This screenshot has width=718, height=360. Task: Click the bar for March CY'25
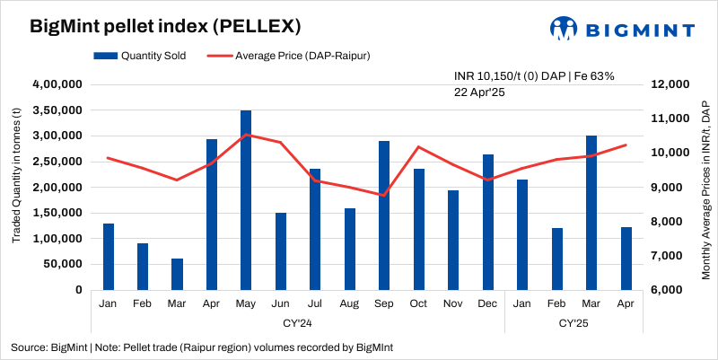591,213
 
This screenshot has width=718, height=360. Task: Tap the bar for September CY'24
384,215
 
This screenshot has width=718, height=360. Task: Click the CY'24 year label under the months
297,321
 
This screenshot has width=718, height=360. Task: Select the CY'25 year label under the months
574,321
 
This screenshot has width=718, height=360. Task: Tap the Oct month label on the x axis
418,303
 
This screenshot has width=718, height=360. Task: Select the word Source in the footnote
30,347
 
